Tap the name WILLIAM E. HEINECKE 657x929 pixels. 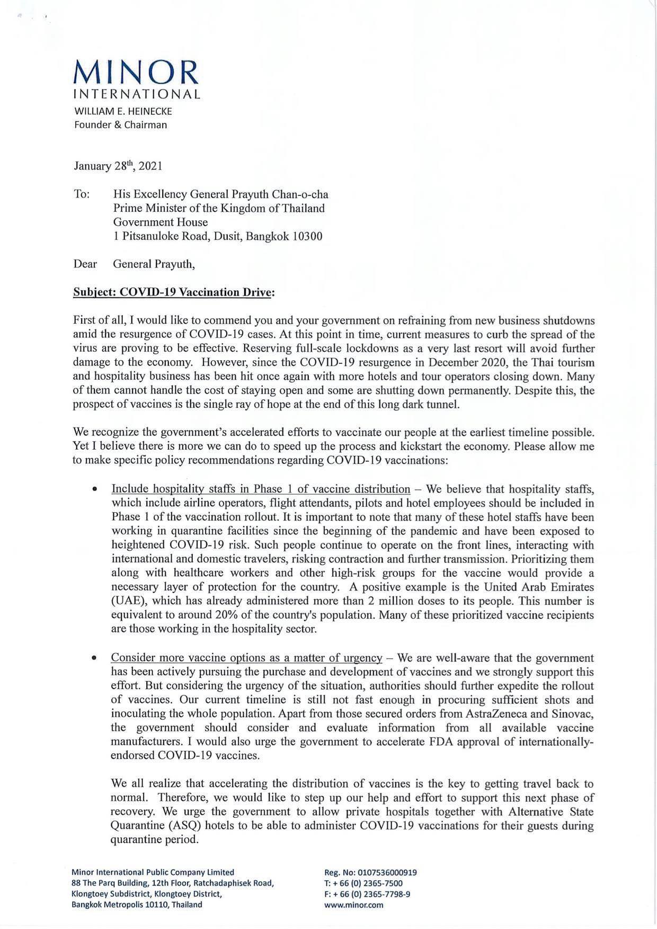coord(122,112)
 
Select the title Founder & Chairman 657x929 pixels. coord(120,125)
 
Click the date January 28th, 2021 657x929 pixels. coord(118,166)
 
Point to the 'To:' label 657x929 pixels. coord(82,194)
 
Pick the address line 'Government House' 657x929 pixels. coord(161,222)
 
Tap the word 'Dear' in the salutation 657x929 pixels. coord(85,264)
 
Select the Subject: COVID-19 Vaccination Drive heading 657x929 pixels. coord(174,292)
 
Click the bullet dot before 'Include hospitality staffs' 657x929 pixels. coord(94,489)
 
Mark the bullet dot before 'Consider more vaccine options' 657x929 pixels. coord(94,658)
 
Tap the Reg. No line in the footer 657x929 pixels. coord(370,872)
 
